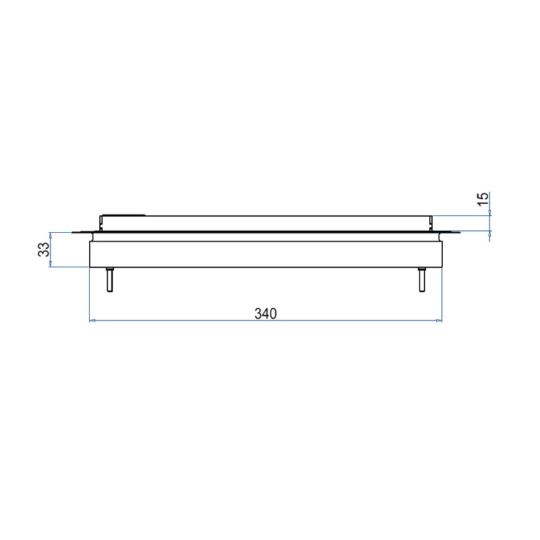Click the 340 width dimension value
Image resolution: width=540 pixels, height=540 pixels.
(x=265, y=313)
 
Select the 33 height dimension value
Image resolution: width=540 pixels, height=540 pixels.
(x=44, y=250)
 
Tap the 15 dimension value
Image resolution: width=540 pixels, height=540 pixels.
(x=483, y=199)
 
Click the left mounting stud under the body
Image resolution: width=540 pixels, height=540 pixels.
(x=109, y=279)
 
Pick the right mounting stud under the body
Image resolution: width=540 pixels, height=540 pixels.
(x=422, y=279)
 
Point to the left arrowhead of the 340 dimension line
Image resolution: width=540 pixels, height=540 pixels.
(x=92, y=321)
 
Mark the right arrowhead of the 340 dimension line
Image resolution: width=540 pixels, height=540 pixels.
(x=439, y=321)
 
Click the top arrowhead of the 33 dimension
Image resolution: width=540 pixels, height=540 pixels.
(x=50, y=235)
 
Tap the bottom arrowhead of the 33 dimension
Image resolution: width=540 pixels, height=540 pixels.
(x=50, y=264)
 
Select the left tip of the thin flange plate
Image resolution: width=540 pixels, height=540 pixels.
(x=72, y=233)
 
